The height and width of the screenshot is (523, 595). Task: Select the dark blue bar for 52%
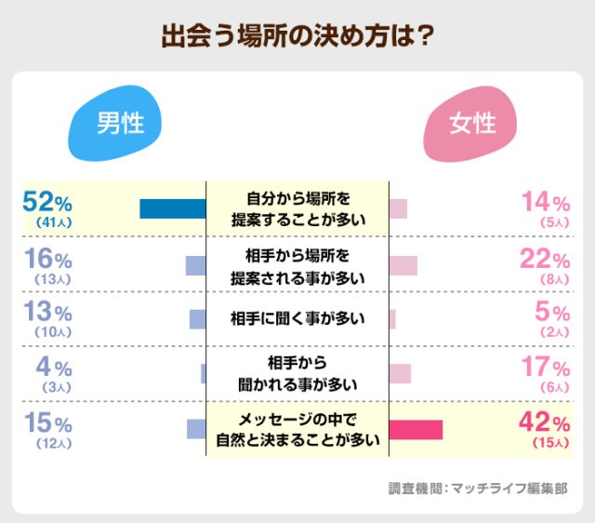click(172, 208)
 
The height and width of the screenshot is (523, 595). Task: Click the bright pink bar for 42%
click(416, 429)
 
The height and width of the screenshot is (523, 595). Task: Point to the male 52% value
click(47, 202)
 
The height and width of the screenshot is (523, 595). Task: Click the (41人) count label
click(47, 223)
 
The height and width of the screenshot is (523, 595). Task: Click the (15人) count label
click(549, 443)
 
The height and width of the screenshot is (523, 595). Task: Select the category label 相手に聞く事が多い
click(297, 319)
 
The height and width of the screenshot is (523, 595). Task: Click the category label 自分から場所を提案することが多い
click(297, 209)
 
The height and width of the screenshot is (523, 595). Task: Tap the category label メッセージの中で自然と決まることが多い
click(297, 429)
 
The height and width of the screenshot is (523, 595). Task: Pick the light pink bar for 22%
click(403, 265)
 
